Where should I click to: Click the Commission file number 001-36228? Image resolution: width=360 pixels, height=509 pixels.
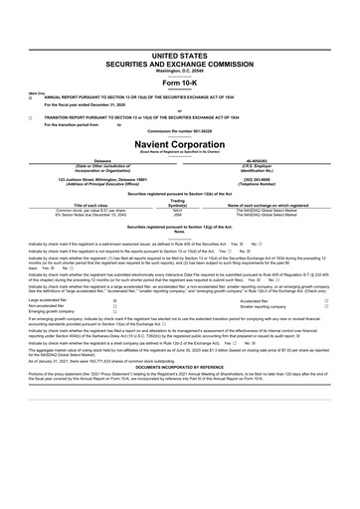179,130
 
